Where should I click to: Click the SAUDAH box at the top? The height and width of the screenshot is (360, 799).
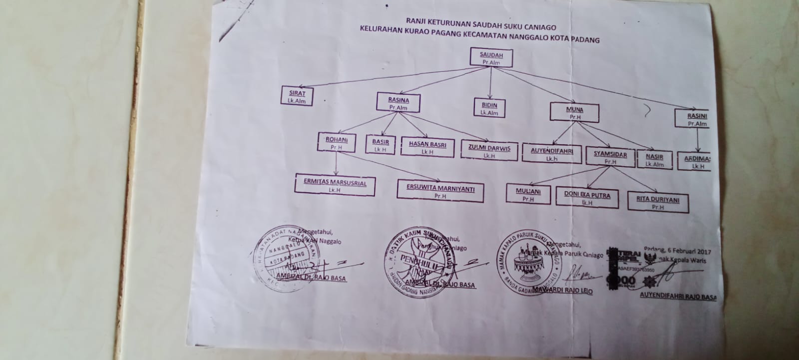tap(491, 57)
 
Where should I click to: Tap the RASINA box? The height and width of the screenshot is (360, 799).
tap(398, 103)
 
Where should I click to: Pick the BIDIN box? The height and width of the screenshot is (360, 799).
tap(489, 108)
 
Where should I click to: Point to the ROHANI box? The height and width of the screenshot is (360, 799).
tap(336, 143)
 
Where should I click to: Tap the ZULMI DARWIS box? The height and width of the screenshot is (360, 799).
tap(489, 150)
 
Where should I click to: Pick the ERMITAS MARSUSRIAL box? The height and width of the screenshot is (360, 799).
tap(335, 185)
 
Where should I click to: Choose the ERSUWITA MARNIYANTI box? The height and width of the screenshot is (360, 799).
tap(440, 192)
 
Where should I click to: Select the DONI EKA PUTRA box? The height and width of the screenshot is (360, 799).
tap(587, 198)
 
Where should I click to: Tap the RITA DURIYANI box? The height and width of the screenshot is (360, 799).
tap(658, 202)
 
